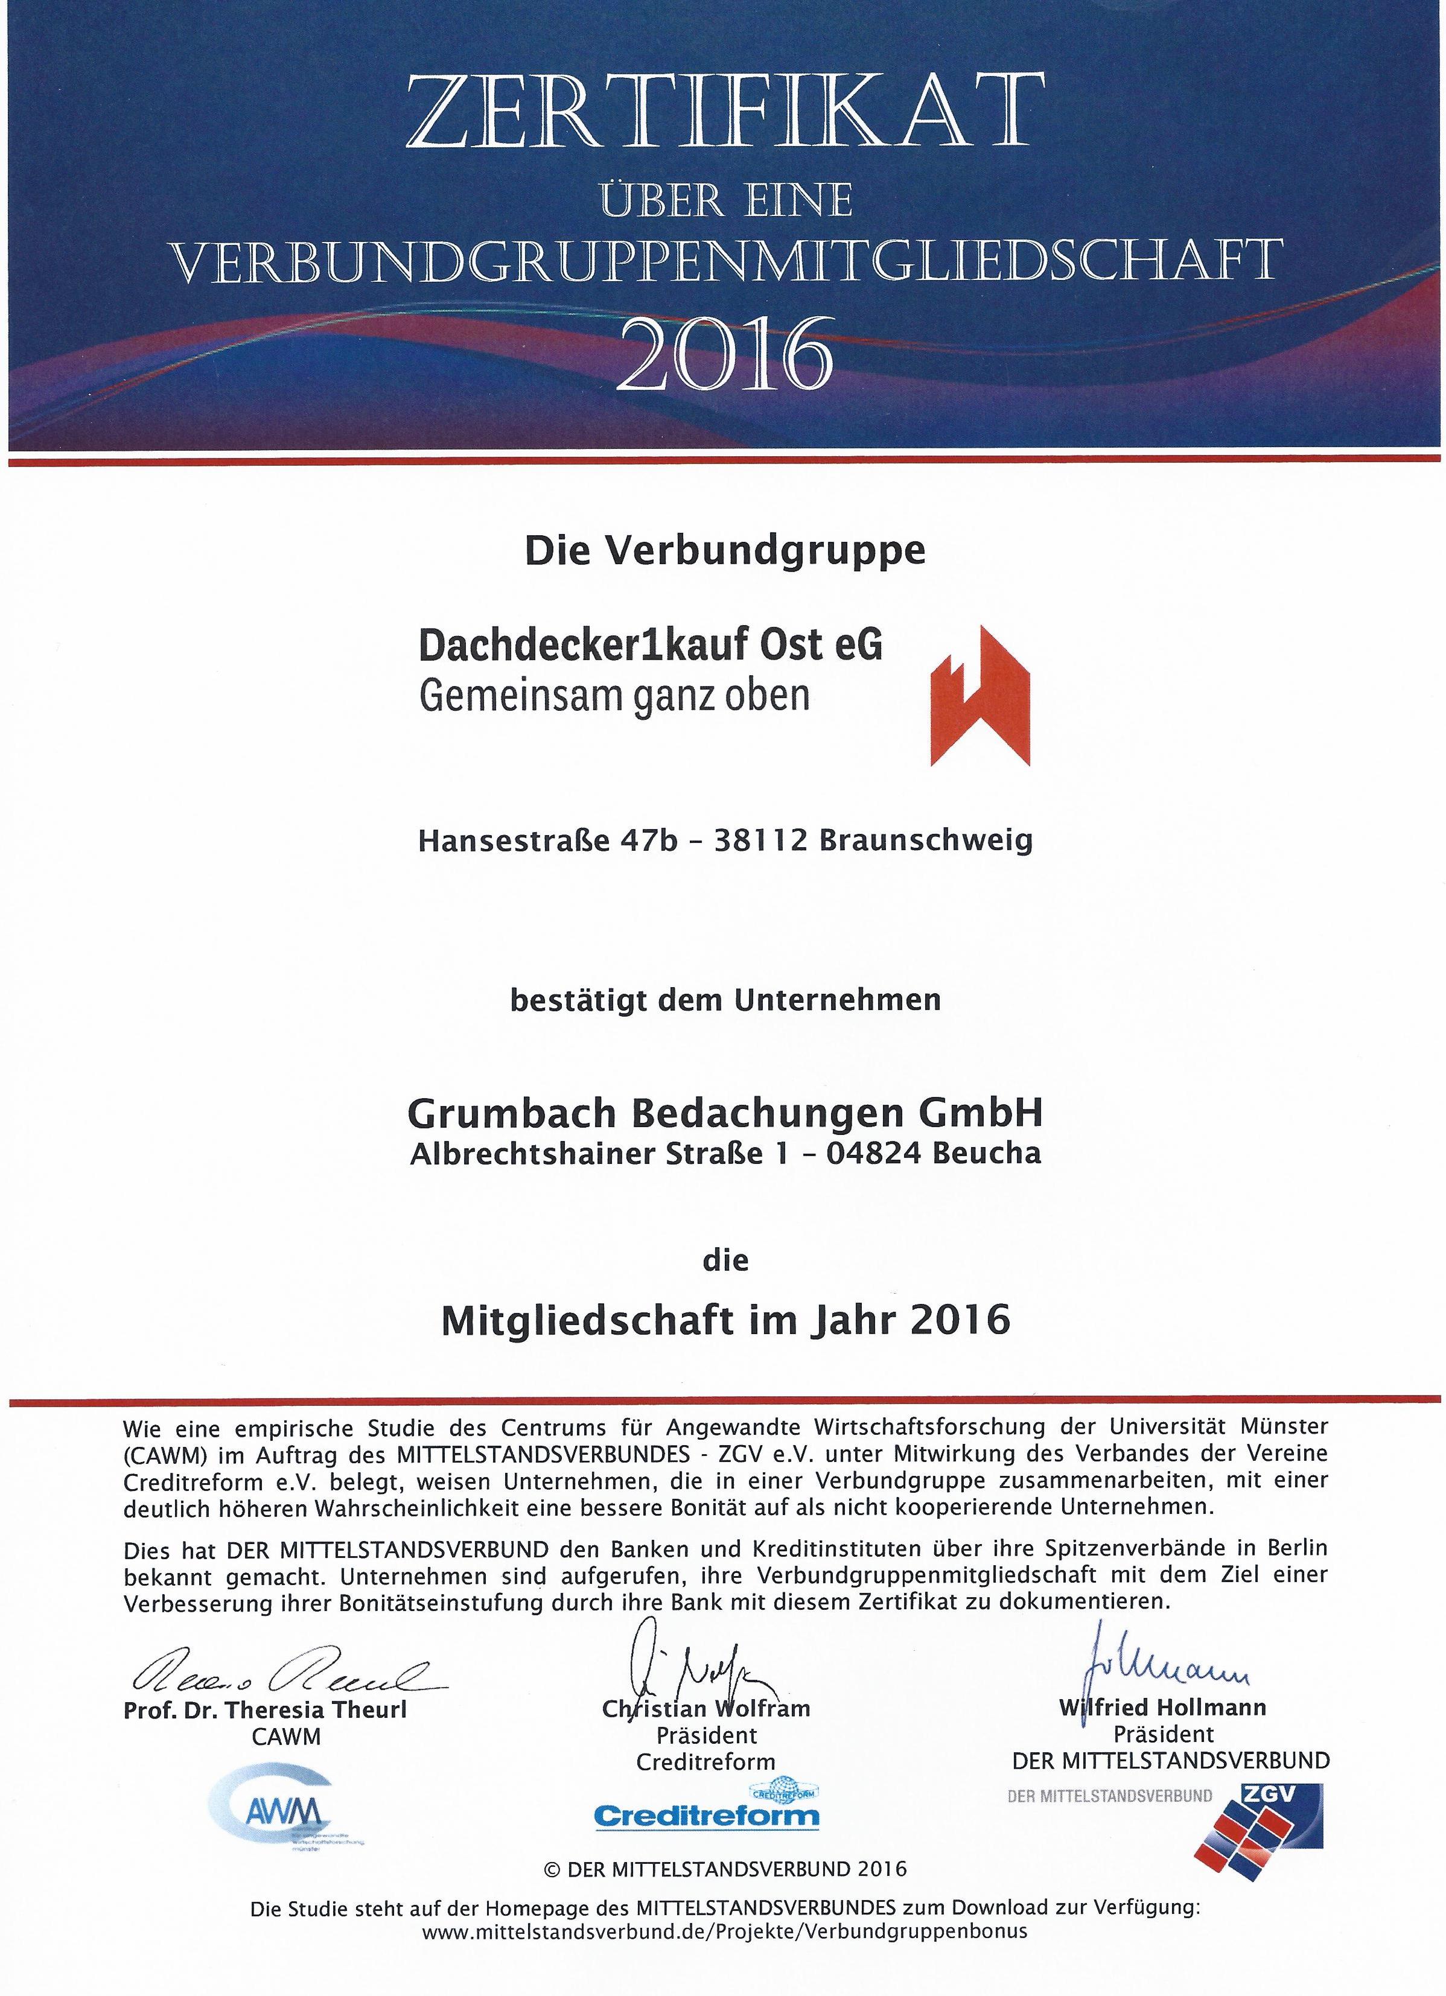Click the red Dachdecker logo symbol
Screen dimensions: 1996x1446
981,695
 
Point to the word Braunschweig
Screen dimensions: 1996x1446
925,842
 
